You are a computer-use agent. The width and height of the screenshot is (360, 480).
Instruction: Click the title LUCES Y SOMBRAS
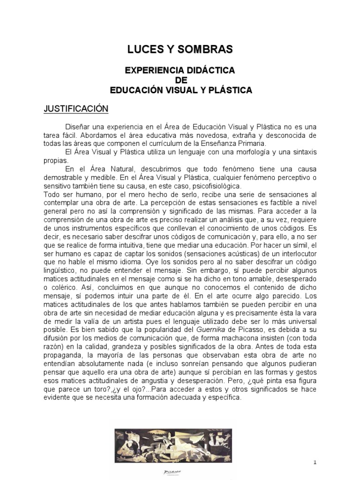(x=180, y=49)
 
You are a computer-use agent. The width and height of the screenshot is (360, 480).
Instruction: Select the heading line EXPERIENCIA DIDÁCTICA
(x=180, y=70)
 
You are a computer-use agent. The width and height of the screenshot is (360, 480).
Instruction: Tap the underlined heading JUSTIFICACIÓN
(x=76, y=109)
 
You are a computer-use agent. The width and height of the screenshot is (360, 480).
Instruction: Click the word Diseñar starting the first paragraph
(x=79, y=127)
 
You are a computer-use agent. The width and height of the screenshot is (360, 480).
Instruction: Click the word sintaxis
(x=301, y=152)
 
